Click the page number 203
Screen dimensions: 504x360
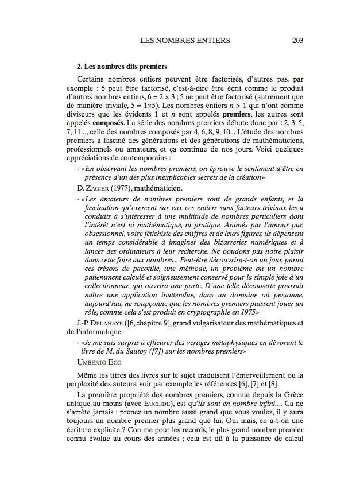point(297,41)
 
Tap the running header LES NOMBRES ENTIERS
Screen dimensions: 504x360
point(185,41)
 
